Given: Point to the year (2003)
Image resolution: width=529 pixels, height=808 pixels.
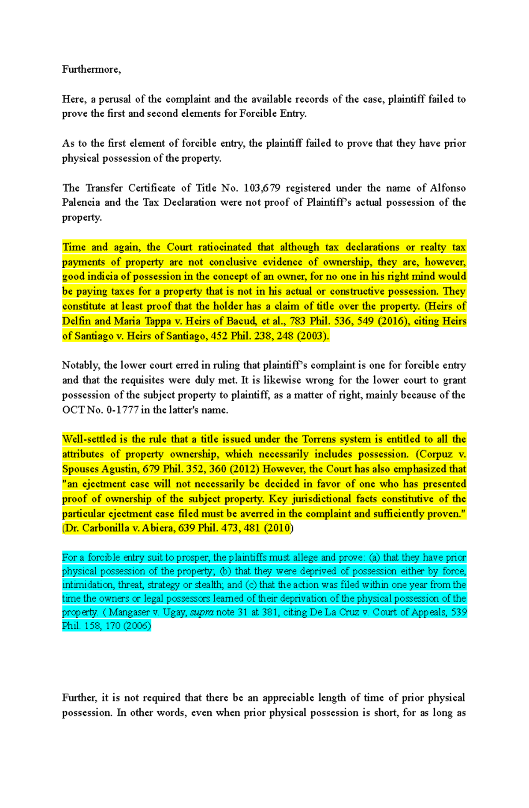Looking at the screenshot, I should coord(313,336).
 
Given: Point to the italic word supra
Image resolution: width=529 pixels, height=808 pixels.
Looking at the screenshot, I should coord(202,612).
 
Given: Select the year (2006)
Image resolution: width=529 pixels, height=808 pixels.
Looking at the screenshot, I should coord(137,626).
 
